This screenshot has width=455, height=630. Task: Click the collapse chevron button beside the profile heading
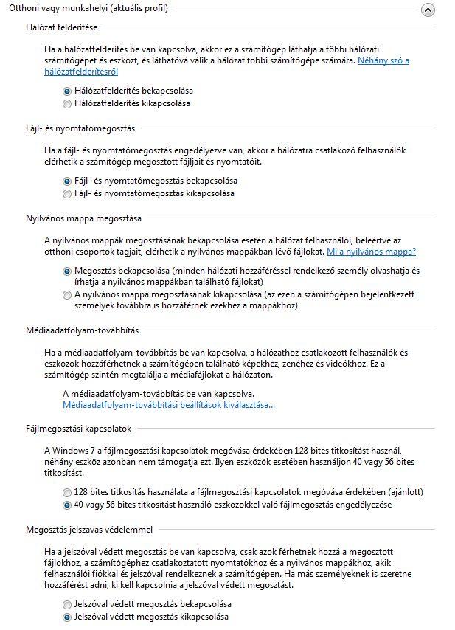coord(428,10)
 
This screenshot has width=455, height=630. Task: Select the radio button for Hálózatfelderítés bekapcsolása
coord(68,90)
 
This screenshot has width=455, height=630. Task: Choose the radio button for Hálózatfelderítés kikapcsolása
coord(68,103)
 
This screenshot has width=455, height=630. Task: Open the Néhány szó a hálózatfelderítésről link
coord(383,60)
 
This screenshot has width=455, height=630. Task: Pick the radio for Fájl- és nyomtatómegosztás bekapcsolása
coord(68,180)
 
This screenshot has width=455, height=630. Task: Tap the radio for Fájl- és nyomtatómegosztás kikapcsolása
coord(68,193)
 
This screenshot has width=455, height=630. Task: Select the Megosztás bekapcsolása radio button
coord(68,271)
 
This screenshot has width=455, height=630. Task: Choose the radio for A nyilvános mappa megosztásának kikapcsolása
coord(68,294)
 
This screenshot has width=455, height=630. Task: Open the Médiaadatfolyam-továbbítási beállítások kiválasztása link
coord(169,405)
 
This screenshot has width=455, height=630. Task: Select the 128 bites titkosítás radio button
coord(68,492)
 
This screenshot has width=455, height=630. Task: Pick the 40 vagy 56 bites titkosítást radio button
coord(68,505)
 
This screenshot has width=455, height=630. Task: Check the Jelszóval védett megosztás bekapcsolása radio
coord(68,603)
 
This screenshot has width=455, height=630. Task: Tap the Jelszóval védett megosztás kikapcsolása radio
coord(68,616)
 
